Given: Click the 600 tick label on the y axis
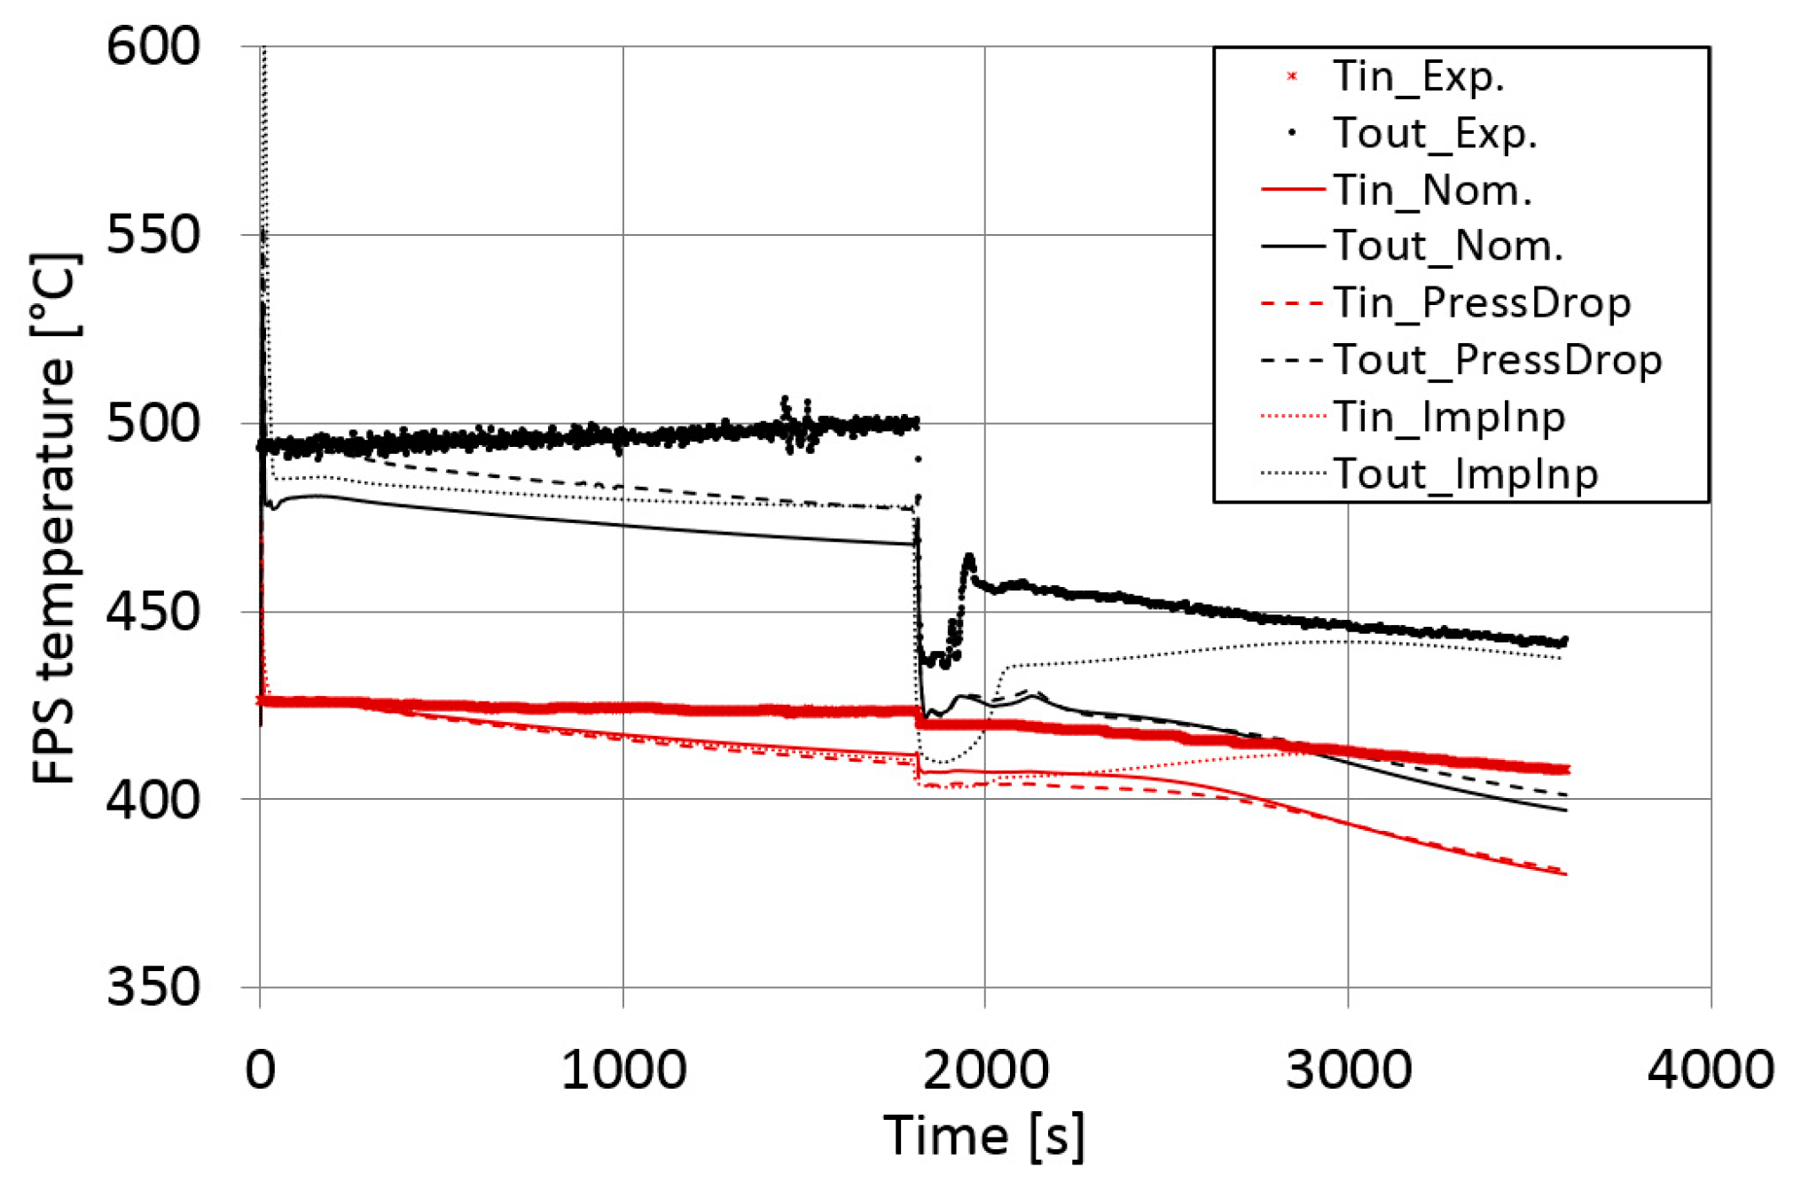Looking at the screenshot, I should (x=153, y=46).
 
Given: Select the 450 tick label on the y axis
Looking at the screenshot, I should (x=153, y=611).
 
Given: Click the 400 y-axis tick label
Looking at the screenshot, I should (x=153, y=800).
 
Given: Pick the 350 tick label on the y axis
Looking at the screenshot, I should (x=153, y=987).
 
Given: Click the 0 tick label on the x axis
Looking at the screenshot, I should (x=260, y=1069).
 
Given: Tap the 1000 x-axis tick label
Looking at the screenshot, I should (x=623, y=1069).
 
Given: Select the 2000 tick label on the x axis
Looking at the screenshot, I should (x=985, y=1069).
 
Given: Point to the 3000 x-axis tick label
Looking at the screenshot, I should (x=1348, y=1069).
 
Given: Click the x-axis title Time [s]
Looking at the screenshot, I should (x=983, y=1136).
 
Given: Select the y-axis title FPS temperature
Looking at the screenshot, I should (x=55, y=519).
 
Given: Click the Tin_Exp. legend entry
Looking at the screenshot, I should (x=1418, y=77).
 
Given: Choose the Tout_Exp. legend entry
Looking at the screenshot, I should (x=1434, y=134).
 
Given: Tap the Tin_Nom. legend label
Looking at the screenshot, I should (x=1432, y=191).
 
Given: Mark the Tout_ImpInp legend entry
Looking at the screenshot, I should (x=1465, y=474).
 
